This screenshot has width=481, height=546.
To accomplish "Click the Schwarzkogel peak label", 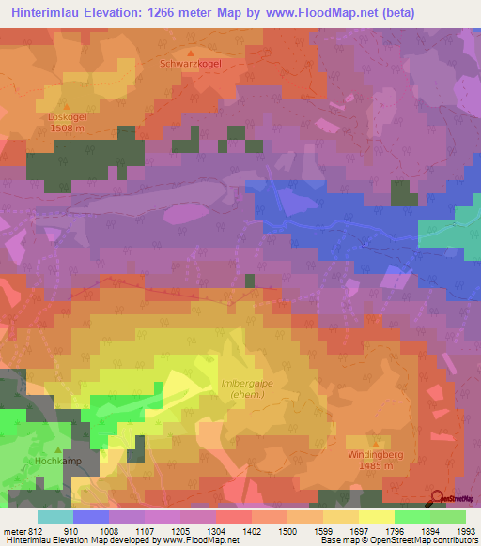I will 191,64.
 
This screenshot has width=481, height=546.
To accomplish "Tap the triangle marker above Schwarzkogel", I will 191,53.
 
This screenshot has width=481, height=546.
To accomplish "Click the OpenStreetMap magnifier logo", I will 437,498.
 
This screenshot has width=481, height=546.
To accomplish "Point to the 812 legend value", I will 29,529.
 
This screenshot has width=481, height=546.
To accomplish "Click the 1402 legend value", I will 253,529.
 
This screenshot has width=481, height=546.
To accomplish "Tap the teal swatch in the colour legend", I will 55,516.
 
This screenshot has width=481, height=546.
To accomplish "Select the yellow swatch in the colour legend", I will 376,516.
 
